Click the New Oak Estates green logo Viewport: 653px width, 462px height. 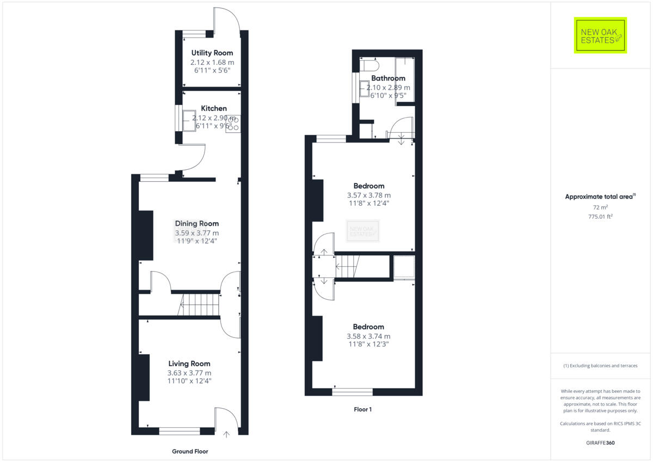tap(600, 35)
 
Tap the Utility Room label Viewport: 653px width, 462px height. tap(212, 53)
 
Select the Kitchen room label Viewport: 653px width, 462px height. tap(214, 108)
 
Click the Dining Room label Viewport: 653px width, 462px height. tap(196, 223)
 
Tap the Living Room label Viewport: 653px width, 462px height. tap(189, 364)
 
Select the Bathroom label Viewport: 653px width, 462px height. tap(388, 78)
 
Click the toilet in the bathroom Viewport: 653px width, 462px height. tap(369, 66)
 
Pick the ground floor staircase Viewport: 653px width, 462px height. tap(199, 304)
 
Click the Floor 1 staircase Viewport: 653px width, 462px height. tap(348, 266)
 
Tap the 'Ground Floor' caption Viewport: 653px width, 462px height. tap(190, 451)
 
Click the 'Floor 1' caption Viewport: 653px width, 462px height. tap(362, 409)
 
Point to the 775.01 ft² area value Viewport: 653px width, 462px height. tap(600, 217)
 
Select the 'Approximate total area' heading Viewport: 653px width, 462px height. tap(600, 196)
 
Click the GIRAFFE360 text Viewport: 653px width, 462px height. tap(601, 443)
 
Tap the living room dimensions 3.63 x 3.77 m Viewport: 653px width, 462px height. tap(189, 373)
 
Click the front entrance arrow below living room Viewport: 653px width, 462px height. tap(227, 434)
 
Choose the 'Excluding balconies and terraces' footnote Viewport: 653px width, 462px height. tap(600, 366)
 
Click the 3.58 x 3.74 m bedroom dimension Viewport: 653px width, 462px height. tap(368, 336)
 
